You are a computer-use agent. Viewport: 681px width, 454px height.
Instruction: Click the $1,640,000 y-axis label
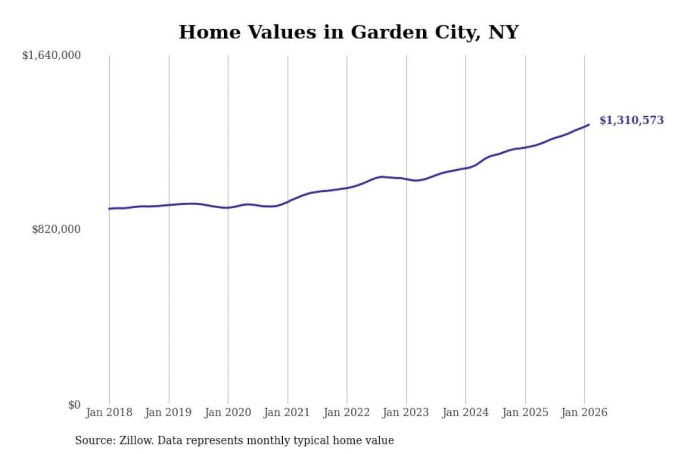(51, 55)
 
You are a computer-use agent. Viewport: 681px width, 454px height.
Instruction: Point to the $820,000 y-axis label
(56, 229)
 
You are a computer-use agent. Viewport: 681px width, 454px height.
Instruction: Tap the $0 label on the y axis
(74, 405)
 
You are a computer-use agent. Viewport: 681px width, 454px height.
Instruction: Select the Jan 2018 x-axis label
(109, 412)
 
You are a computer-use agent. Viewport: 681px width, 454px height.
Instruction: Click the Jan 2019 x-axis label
(168, 412)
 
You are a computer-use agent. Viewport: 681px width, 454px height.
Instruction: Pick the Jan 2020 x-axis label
(227, 412)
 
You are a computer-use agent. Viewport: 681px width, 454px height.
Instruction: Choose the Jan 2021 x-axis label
(287, 412)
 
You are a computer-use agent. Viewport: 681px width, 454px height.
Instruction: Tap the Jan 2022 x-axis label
(346, 412)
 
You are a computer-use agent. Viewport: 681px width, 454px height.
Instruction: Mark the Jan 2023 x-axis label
(405, 412)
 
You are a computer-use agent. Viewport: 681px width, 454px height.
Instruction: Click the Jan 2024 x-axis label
(465, 412)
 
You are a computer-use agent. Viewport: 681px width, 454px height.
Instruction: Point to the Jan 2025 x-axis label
(524, 412)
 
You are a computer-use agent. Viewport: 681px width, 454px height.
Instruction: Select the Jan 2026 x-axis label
(584, 412)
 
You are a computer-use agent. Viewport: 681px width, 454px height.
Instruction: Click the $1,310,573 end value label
(631, 120)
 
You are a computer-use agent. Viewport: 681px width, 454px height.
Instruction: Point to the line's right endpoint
(589, 125)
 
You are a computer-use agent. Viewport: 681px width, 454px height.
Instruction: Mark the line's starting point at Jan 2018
(109, 209)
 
